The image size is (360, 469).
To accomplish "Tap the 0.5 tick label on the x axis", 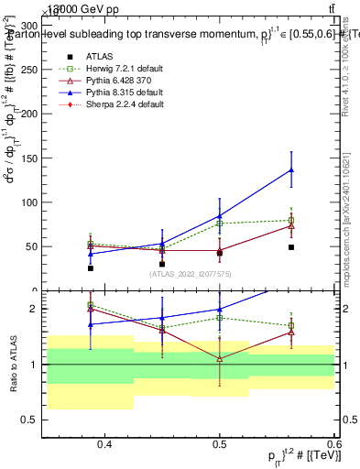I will click(x=219, y=445).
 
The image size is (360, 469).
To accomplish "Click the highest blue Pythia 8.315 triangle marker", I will click(x=291, y=169).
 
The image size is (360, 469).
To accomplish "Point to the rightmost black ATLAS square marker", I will click(x=291, y=247).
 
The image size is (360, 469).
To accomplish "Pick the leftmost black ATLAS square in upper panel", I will click(x=90, y=268).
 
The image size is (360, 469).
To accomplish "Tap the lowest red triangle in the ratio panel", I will click(x=220, y=358).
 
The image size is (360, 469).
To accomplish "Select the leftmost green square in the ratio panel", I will click(x=90, y=305).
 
